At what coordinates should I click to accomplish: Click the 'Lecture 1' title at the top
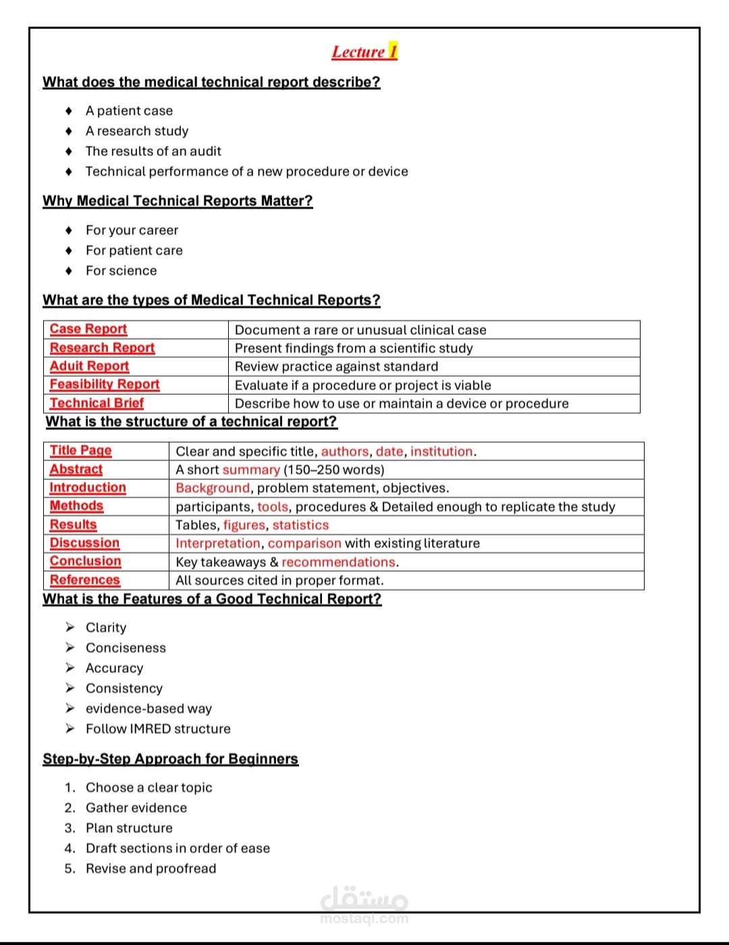[x=364, y=52]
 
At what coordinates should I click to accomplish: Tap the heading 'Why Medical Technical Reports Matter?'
[x=178, y=201]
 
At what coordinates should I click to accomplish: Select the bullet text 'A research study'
[x=137, y=131]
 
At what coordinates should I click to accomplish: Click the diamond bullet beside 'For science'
[x=69, y=271]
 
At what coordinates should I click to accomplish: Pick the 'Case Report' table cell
[x=88, y=329]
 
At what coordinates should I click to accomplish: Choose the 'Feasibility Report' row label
[x=105, y=385]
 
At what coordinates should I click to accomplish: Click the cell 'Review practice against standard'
[x=336, y=367]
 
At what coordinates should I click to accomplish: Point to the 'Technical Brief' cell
[x=97, y=404]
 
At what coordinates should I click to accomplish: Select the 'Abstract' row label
[x=76, y=470]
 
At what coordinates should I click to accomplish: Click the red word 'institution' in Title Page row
[x=441, y=452]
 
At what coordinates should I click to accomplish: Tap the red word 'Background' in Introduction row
[x=213, y=488]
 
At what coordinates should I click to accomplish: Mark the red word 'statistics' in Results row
[x=300, y=525]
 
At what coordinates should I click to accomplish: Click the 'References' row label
[x=85, y=580]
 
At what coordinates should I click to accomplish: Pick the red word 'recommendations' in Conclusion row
[x=338, y=562]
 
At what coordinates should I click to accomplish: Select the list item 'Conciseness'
[x=126, y=648]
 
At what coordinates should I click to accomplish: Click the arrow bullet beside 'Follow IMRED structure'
[x=70, y=729]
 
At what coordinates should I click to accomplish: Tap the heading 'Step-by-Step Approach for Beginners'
[x=170, y=759]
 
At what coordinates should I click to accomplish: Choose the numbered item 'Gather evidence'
[x=136, y=808]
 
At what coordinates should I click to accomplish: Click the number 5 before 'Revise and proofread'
[x=70, y=869]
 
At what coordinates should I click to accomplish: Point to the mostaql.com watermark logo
[x=364, y=904]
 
